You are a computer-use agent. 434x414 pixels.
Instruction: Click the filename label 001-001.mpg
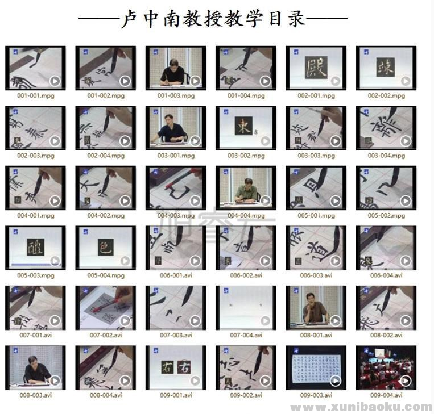[x=36, y=95]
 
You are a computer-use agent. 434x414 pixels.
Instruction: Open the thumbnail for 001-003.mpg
[x=176, y=68]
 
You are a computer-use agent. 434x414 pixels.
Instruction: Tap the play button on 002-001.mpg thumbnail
[x=336, y=81]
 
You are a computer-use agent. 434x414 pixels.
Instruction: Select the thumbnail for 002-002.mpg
[x=386, y=68]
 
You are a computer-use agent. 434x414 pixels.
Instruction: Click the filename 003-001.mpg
[x=176, y=156]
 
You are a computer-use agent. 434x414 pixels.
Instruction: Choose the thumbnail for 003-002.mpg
[x=246, y=128]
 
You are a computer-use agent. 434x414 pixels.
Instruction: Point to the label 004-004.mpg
[x=246, y=216]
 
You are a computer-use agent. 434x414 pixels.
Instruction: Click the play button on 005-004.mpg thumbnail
[x=125, y=261]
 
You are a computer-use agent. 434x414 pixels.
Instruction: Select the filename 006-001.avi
[x=176, y=275]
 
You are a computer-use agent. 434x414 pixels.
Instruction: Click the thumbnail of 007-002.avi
[x=106, y=307]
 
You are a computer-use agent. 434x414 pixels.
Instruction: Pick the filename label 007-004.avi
[x=246, y=335]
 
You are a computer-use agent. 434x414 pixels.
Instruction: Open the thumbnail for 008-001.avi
[x=316, y=307]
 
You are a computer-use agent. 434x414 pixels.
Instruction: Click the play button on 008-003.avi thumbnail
[x=55, y=380]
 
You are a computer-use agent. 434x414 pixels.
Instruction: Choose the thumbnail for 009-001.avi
[x=176, y=367]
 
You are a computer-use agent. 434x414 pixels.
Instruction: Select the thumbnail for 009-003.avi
[x=316, y=367]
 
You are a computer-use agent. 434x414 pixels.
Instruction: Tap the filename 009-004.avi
[x=386, y=395]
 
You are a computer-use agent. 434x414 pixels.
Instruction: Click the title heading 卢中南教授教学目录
[x=213, y=20]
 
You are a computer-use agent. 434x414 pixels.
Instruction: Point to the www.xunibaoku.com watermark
[x=361, y=407]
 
